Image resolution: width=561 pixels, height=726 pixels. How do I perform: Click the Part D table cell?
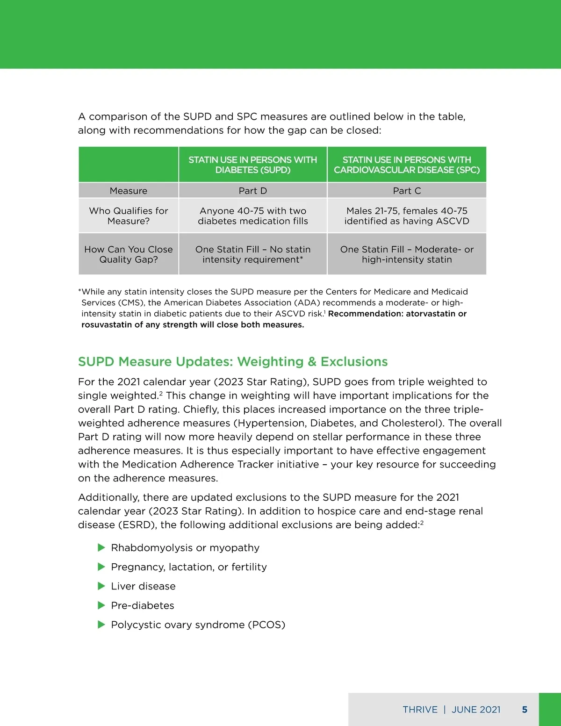click(252, 191)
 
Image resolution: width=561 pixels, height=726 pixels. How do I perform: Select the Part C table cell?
click(407, 191)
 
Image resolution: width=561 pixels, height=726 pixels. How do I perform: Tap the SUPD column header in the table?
click(252, 165)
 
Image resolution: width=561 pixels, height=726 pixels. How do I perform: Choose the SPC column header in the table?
click(407, 165)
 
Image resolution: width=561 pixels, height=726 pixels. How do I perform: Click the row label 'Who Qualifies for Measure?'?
click(129, 216)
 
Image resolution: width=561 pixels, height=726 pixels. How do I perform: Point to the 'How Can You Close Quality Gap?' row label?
click(129, 254)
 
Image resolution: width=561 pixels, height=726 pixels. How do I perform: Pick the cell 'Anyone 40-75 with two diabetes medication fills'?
click(252, 216)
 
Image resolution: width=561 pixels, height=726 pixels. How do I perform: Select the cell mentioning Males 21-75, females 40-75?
click(407, 216)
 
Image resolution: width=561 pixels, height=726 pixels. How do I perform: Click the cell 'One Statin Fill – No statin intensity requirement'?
click(252, 254)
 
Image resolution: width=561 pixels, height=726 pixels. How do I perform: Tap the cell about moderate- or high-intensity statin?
click(407, 254)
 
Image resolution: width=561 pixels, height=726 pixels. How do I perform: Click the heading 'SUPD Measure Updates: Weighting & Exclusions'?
click(233, 362)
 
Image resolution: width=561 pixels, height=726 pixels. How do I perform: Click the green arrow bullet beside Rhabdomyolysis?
click(101, 547)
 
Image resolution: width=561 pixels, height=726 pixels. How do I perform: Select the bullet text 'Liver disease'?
click(143, 586)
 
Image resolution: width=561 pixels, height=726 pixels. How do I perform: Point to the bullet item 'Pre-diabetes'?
click(143, 605)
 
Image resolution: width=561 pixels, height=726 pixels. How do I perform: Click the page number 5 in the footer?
click(525, 710)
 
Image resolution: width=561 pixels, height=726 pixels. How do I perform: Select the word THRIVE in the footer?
click(420, 710)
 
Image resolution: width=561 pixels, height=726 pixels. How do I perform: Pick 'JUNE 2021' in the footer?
click(476, 710)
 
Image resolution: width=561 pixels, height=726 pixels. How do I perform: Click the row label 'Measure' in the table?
click(129, 191)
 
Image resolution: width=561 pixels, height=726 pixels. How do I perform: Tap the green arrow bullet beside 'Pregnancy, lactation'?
click(101, 567)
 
